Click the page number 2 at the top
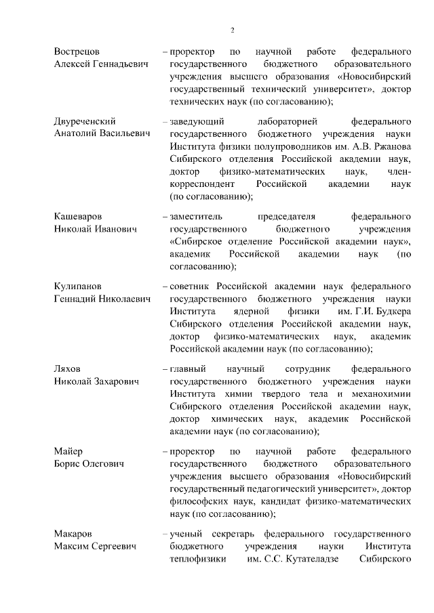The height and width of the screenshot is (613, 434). coord(232,30)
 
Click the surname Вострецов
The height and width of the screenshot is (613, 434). coord(78,51)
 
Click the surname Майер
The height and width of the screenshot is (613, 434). coord(68,451)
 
